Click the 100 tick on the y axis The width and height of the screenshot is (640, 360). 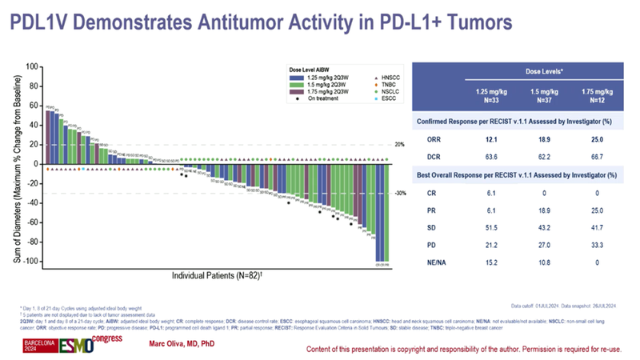pos(33,66)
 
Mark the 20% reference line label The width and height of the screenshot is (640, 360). pos(402,145)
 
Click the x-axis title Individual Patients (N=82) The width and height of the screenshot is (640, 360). pos(216,276)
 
